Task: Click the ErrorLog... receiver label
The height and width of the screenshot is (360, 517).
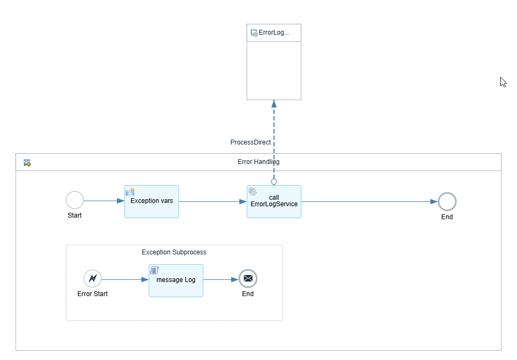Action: click(274, 32)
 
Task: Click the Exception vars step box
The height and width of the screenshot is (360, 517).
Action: click(152, 202)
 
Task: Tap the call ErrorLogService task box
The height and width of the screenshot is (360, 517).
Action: click(274, 202)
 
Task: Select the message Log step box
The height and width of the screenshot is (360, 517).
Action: click(176, 280)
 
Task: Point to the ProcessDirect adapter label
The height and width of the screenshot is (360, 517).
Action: click(251, 142)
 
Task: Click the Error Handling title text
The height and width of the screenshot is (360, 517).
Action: click(259, 162)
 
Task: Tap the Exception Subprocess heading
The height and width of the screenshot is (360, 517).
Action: click(174, 252)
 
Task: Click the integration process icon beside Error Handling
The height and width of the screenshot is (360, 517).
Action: click(27, 162)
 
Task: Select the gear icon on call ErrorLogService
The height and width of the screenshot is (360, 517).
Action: click(252, 191)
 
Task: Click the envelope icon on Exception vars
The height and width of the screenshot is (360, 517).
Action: click(130, 192)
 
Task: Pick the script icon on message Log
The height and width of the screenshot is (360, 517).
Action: click(154, 270)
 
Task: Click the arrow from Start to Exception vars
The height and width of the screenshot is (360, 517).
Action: click(104, 201)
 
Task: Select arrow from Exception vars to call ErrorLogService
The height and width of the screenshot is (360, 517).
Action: click(213, 202)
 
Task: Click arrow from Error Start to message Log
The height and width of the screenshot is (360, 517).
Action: click(125, 279)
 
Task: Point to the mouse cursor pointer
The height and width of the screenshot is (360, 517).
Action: click(503, 82)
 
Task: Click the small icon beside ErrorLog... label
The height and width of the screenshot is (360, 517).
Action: click(254, 33)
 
